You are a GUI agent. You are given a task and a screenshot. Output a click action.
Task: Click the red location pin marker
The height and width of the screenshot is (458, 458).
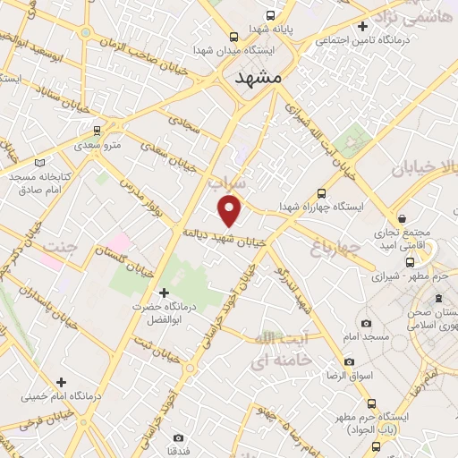(x=231, y=211)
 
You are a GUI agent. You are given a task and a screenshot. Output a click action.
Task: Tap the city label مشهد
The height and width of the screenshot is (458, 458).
(x=258, y=78)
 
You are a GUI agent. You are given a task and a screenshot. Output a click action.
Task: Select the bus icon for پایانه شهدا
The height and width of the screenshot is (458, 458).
(x=271, y=15)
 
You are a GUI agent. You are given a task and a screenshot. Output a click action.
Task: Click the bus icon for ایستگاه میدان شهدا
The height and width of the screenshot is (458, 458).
(x=233, y=37)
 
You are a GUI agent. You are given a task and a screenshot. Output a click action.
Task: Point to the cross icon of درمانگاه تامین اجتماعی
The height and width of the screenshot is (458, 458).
(x=361, y=27)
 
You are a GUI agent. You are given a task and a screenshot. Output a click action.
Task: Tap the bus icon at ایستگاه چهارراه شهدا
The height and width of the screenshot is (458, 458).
(x=323, y=193)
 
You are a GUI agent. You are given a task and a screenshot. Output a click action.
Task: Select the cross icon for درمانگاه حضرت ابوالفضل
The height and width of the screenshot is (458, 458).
(x=163, y=293)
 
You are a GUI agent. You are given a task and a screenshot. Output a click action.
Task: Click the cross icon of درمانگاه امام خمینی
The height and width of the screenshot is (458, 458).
(x=61, y=382)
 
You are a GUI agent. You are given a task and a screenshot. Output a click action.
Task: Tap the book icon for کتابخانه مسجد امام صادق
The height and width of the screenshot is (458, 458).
(x=38, y=163)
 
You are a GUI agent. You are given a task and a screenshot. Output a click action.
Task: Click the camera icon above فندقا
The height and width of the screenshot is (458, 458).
(x=179, y=437)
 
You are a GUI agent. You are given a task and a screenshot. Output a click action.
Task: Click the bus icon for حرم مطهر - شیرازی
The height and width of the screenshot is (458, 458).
(x=410, y=263)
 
